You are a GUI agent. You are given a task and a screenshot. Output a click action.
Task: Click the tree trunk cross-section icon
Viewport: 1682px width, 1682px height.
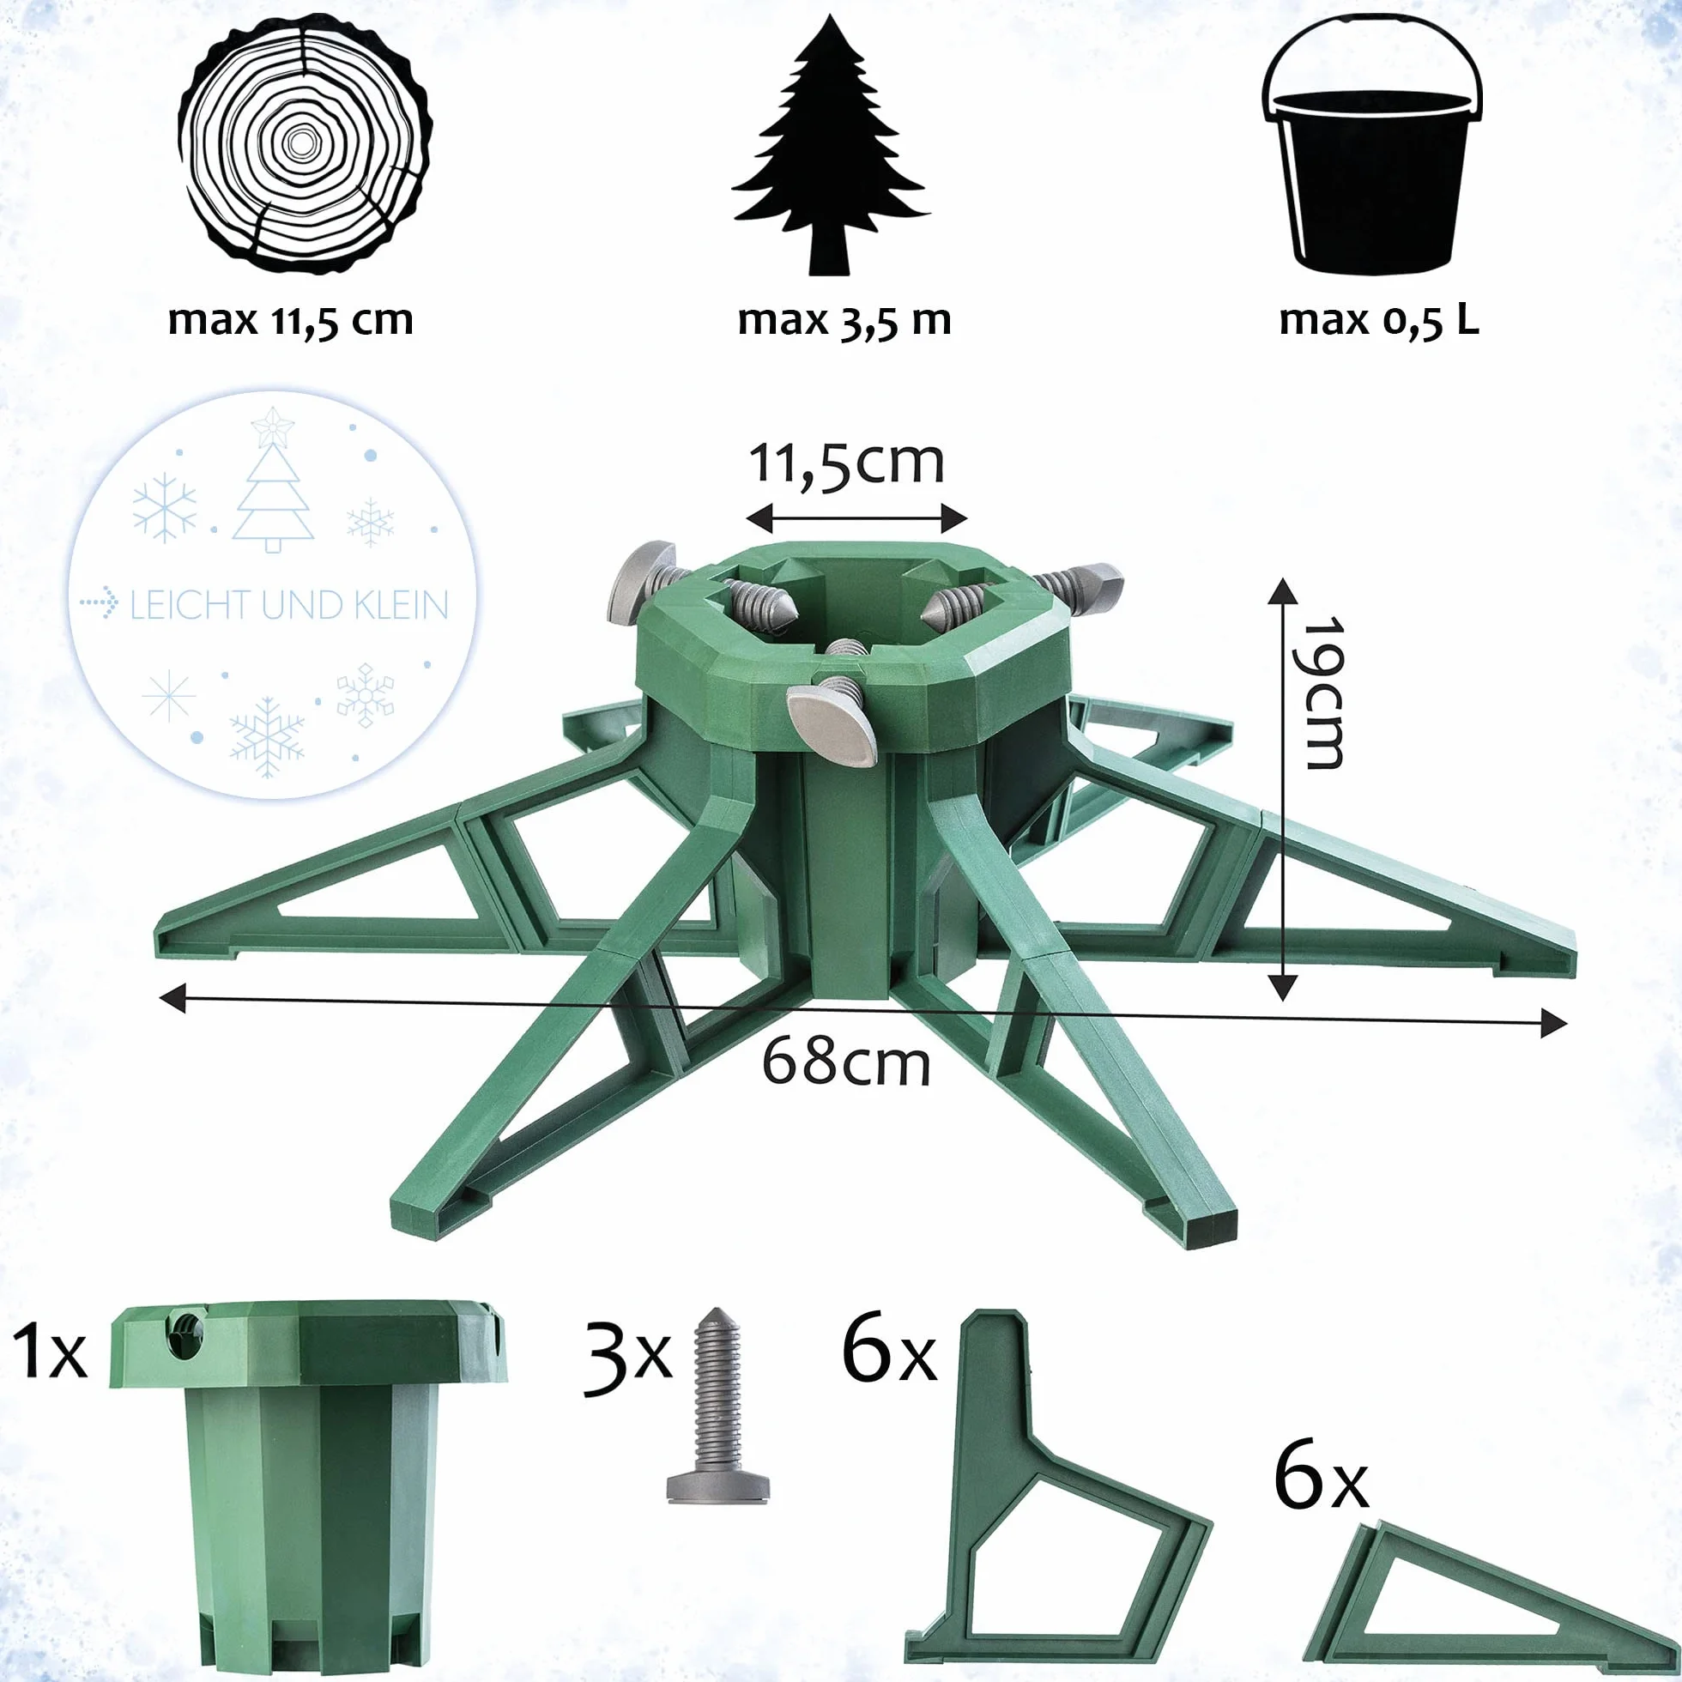point(304,144)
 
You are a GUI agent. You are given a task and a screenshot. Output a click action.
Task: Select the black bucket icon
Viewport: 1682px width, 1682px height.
point(1372,144)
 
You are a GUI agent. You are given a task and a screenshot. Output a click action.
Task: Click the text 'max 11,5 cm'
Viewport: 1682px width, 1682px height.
point(291,320)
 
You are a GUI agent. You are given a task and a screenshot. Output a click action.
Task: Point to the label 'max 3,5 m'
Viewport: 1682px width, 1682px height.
point(844,320)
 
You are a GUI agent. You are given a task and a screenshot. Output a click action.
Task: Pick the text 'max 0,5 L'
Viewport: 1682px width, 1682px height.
point(1379,320)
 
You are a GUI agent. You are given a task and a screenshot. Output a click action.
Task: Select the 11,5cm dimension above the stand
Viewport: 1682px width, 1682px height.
point(846,463)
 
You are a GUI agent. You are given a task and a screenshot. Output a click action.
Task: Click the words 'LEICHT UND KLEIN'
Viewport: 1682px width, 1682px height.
point(289,605)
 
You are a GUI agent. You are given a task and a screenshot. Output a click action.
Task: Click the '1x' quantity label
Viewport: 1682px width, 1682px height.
point(50,1350)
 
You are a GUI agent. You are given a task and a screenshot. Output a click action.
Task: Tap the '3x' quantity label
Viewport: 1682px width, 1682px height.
point(627,1359)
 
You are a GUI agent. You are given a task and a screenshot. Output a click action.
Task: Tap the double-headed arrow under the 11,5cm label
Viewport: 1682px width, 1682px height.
point(856,519)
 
